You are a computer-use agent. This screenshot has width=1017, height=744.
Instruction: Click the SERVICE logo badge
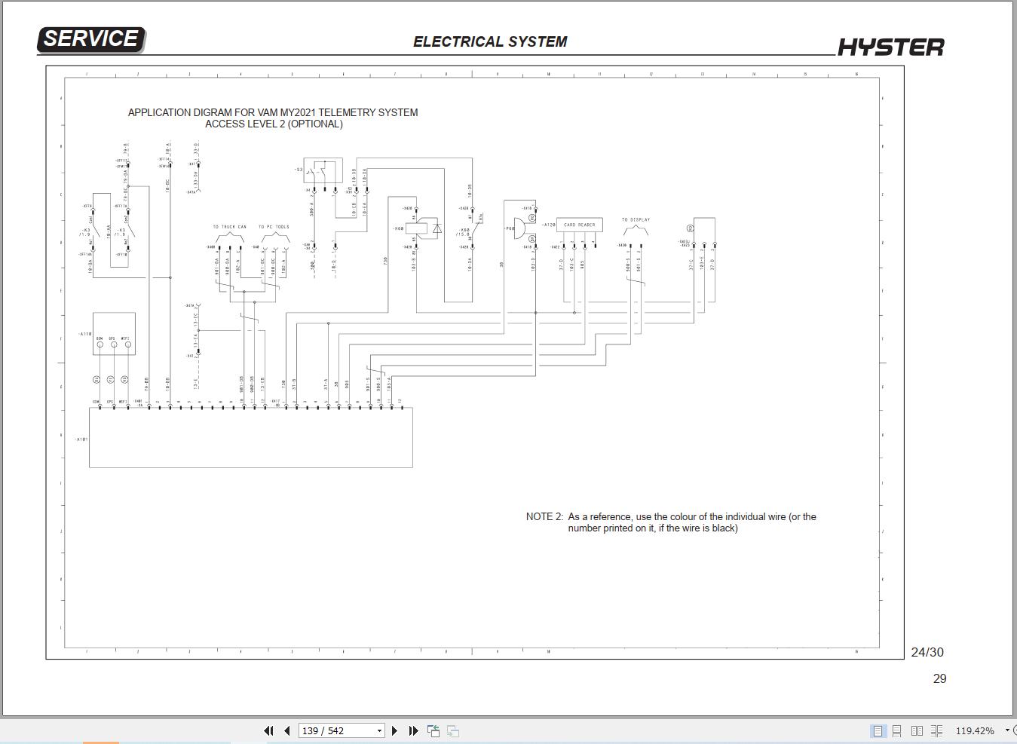coord(90,39)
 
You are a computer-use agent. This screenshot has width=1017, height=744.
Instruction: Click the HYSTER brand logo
coord(890,47)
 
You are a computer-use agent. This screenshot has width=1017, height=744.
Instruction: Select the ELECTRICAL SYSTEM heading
coord(490,42)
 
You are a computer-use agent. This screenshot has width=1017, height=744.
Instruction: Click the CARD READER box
coord(579,225)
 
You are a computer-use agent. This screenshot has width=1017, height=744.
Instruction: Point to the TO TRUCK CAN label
coord(229,227)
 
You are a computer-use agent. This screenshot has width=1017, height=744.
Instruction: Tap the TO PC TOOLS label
coord(274,227)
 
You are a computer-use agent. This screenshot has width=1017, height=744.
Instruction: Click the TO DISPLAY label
coord(636,220)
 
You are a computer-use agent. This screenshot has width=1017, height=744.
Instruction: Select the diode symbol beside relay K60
coord(437,228)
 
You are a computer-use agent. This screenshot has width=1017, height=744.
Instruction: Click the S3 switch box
coord(323,170)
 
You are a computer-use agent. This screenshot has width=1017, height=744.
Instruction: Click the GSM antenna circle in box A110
coord(100,345)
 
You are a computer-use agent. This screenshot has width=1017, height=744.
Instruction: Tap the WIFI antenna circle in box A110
coord(128,345)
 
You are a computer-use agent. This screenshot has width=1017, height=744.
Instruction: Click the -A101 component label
coord(81,439)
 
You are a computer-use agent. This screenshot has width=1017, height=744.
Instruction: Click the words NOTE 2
coord(544,517)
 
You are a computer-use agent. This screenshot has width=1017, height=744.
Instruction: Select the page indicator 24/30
coord(927,652)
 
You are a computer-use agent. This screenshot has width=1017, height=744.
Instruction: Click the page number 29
coord(939,678)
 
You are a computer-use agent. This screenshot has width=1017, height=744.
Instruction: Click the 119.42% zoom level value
coord(974,730)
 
